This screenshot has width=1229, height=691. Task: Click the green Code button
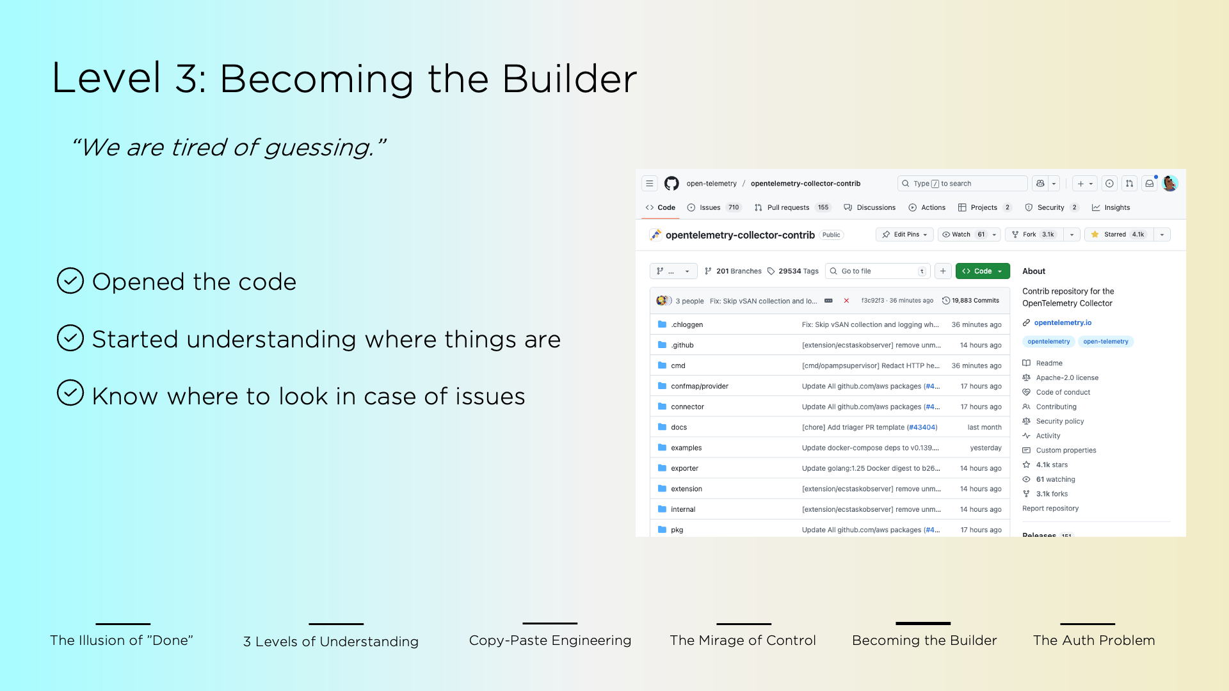982,271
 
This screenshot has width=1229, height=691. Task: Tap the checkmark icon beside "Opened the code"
70,281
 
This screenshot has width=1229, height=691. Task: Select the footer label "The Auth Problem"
1094,640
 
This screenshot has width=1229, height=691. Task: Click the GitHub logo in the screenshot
671,184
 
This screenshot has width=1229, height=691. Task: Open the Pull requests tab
787,208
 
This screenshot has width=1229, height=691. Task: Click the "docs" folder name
679,427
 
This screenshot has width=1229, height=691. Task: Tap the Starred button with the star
1118,235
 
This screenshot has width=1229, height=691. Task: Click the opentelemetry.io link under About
1063,323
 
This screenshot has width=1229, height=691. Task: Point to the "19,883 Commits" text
975,301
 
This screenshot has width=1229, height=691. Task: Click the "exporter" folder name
684,468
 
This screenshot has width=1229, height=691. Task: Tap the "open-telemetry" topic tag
1105,342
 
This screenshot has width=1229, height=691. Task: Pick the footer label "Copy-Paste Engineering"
550,640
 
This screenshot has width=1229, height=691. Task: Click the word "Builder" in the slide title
569,79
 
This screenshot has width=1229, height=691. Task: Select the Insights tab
1116,208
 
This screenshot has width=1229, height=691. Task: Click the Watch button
961,235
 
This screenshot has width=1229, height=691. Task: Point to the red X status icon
846,301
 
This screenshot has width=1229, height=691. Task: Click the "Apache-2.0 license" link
1067,378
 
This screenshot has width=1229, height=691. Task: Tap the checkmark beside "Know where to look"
70,393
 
